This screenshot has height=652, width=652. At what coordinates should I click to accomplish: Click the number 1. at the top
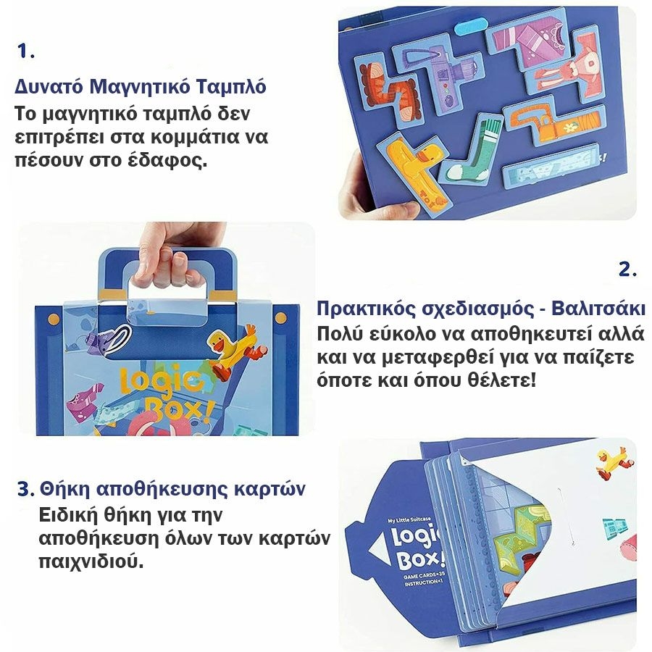pos(25,51)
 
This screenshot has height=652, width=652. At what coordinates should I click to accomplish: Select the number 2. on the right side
pos(627,269)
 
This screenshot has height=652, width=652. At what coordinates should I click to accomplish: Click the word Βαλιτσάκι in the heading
pos(599,309)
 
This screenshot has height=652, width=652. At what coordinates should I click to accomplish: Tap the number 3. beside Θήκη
pos(26,489)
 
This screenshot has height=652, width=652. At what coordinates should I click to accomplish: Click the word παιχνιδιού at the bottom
pos(91,561)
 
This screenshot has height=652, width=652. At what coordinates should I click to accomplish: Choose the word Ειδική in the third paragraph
pos(68,516)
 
